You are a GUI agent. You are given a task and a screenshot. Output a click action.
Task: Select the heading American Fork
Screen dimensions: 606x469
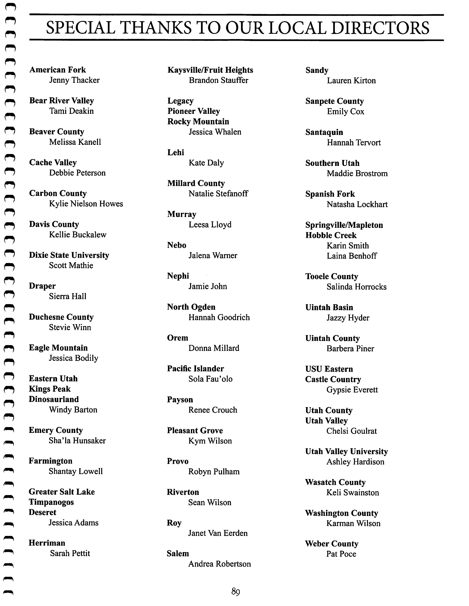click(x=58, y=70)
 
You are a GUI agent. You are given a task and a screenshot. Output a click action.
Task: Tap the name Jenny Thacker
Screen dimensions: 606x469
click(x=74, y=80)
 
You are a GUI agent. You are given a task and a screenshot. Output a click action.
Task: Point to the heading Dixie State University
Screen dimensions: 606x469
click(x=69, y=255)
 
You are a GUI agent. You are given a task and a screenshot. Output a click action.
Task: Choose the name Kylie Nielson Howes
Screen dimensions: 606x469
click(x=86, y=204)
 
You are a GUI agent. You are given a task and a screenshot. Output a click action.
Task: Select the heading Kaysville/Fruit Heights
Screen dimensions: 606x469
click(x=210, y=70)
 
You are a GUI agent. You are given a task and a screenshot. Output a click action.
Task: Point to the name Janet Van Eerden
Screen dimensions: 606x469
click(x=218, y=533)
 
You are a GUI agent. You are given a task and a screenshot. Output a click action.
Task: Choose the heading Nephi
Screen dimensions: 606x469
click(x=178, y=276)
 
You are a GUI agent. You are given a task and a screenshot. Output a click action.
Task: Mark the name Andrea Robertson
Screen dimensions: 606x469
click(x=219, y=564)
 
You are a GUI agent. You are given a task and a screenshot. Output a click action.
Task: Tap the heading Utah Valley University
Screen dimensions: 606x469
click(x=346, y=451)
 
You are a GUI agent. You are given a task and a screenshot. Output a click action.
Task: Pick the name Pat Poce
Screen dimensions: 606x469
click(x=341, y=554)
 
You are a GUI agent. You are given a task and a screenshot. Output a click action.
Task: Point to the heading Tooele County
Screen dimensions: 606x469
click(x=332, y=276)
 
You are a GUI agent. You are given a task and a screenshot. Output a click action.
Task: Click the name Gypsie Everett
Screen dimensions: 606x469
click(x=352, y=390)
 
